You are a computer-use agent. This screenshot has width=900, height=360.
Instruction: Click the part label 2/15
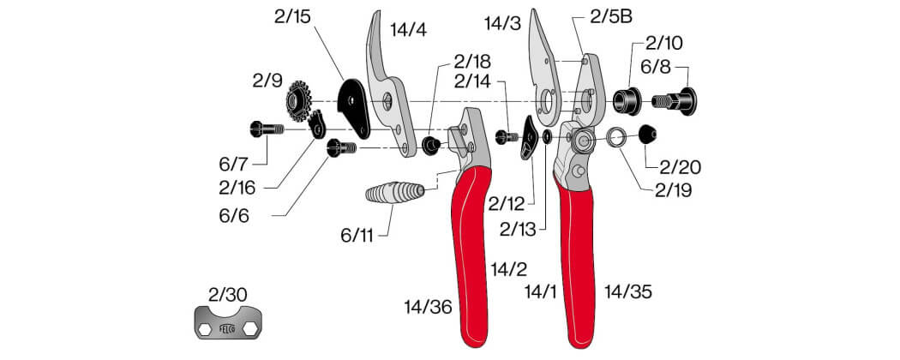(292, 16)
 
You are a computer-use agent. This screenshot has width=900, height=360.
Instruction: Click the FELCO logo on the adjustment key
(228, 329)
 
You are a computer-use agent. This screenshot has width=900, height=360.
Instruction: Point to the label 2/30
(228, 295)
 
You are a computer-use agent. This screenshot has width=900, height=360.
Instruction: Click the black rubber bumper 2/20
(647, 135)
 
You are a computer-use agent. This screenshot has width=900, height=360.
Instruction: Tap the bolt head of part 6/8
(687, 102)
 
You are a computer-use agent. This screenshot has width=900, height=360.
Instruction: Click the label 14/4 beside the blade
(409, 30)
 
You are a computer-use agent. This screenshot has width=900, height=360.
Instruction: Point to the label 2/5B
(610, 17)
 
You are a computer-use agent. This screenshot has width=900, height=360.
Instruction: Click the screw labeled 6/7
(267, 129)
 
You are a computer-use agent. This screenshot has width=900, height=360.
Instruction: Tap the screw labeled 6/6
(341, 148)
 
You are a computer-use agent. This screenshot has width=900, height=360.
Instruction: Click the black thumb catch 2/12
(527, 137)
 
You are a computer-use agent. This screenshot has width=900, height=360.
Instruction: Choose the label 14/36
(428, 308)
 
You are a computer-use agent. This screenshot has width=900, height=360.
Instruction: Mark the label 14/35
(628, 292)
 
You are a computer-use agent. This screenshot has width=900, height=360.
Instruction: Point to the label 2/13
(517, 230)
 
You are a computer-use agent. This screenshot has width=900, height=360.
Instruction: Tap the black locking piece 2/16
(316, 125)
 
